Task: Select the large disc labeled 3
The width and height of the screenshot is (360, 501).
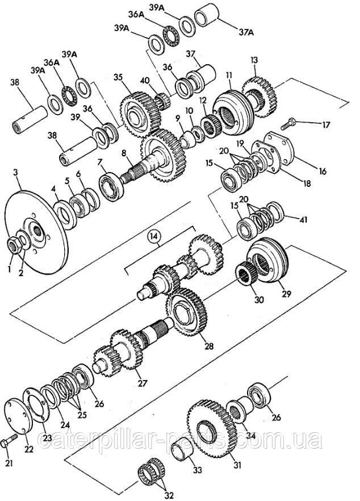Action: (x=36, y=232)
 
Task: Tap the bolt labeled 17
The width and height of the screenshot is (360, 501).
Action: (x=288, y=123)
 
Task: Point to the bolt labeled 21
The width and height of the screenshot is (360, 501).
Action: (x=10, y=443)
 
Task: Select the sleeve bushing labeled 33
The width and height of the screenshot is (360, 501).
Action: (x=183, y=451)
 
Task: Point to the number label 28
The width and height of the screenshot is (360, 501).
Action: (x=209, y=346)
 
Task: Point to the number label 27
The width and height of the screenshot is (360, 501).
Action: (x=142, y=383)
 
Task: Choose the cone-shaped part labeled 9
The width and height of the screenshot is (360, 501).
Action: (x=188, y=140)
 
